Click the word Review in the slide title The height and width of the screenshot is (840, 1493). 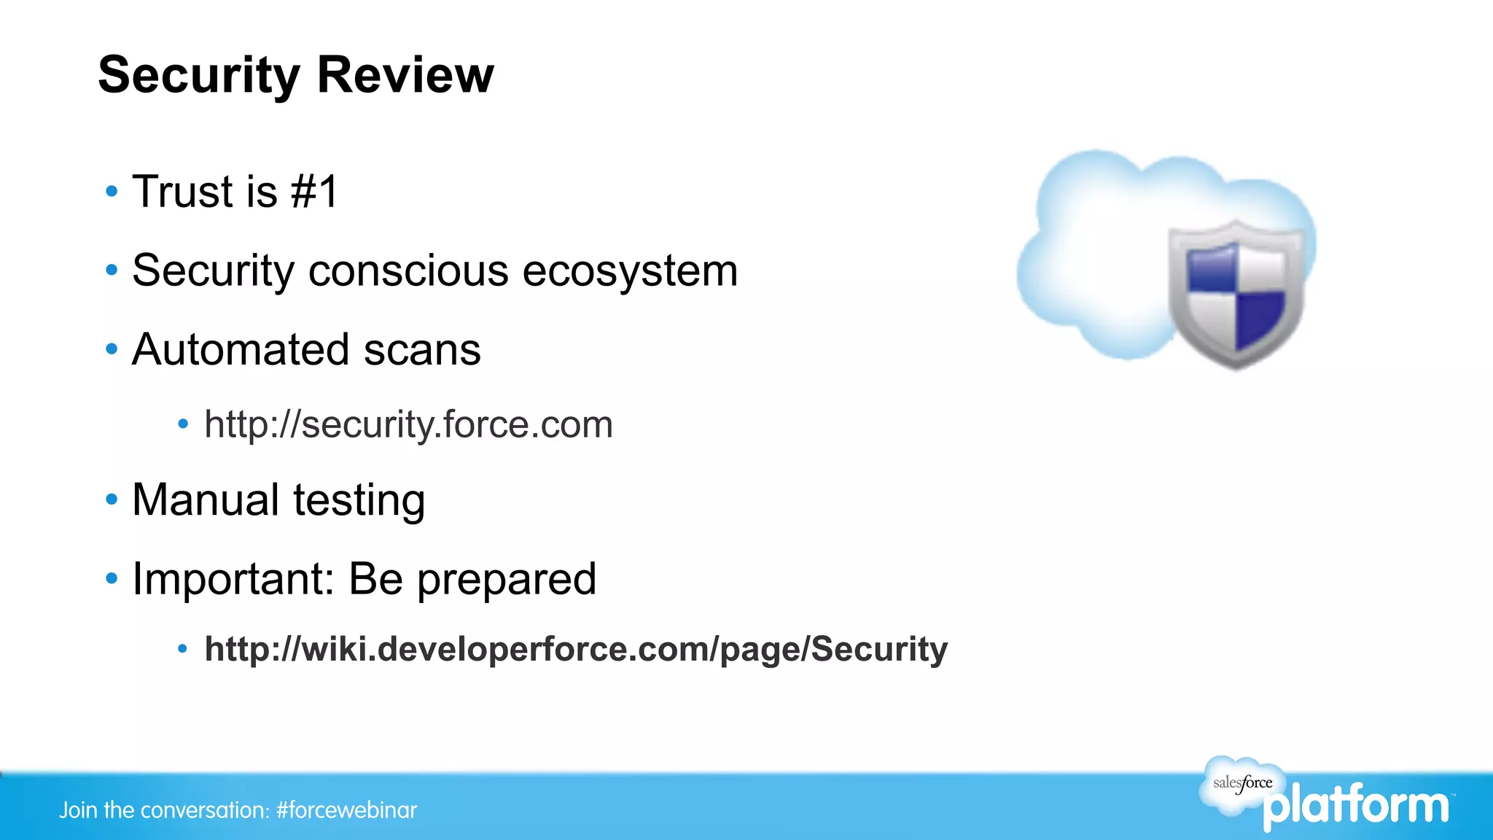point(405,75)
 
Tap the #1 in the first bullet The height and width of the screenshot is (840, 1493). point(314,192)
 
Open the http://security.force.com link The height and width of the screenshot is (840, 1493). point(408,425)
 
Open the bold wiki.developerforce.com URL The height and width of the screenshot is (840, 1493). point(576,649)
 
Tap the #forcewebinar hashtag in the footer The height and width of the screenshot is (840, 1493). point(346,810)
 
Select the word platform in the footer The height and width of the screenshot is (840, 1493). point(1357,806)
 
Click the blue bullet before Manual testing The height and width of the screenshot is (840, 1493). point(112,500)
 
